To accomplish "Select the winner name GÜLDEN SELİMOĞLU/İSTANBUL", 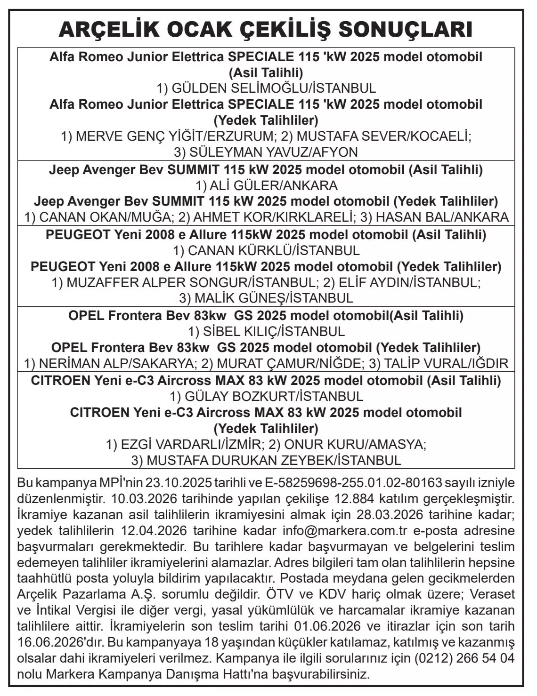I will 273,88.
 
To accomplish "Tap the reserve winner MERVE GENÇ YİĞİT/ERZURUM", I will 174,136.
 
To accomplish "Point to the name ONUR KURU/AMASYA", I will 355,444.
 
